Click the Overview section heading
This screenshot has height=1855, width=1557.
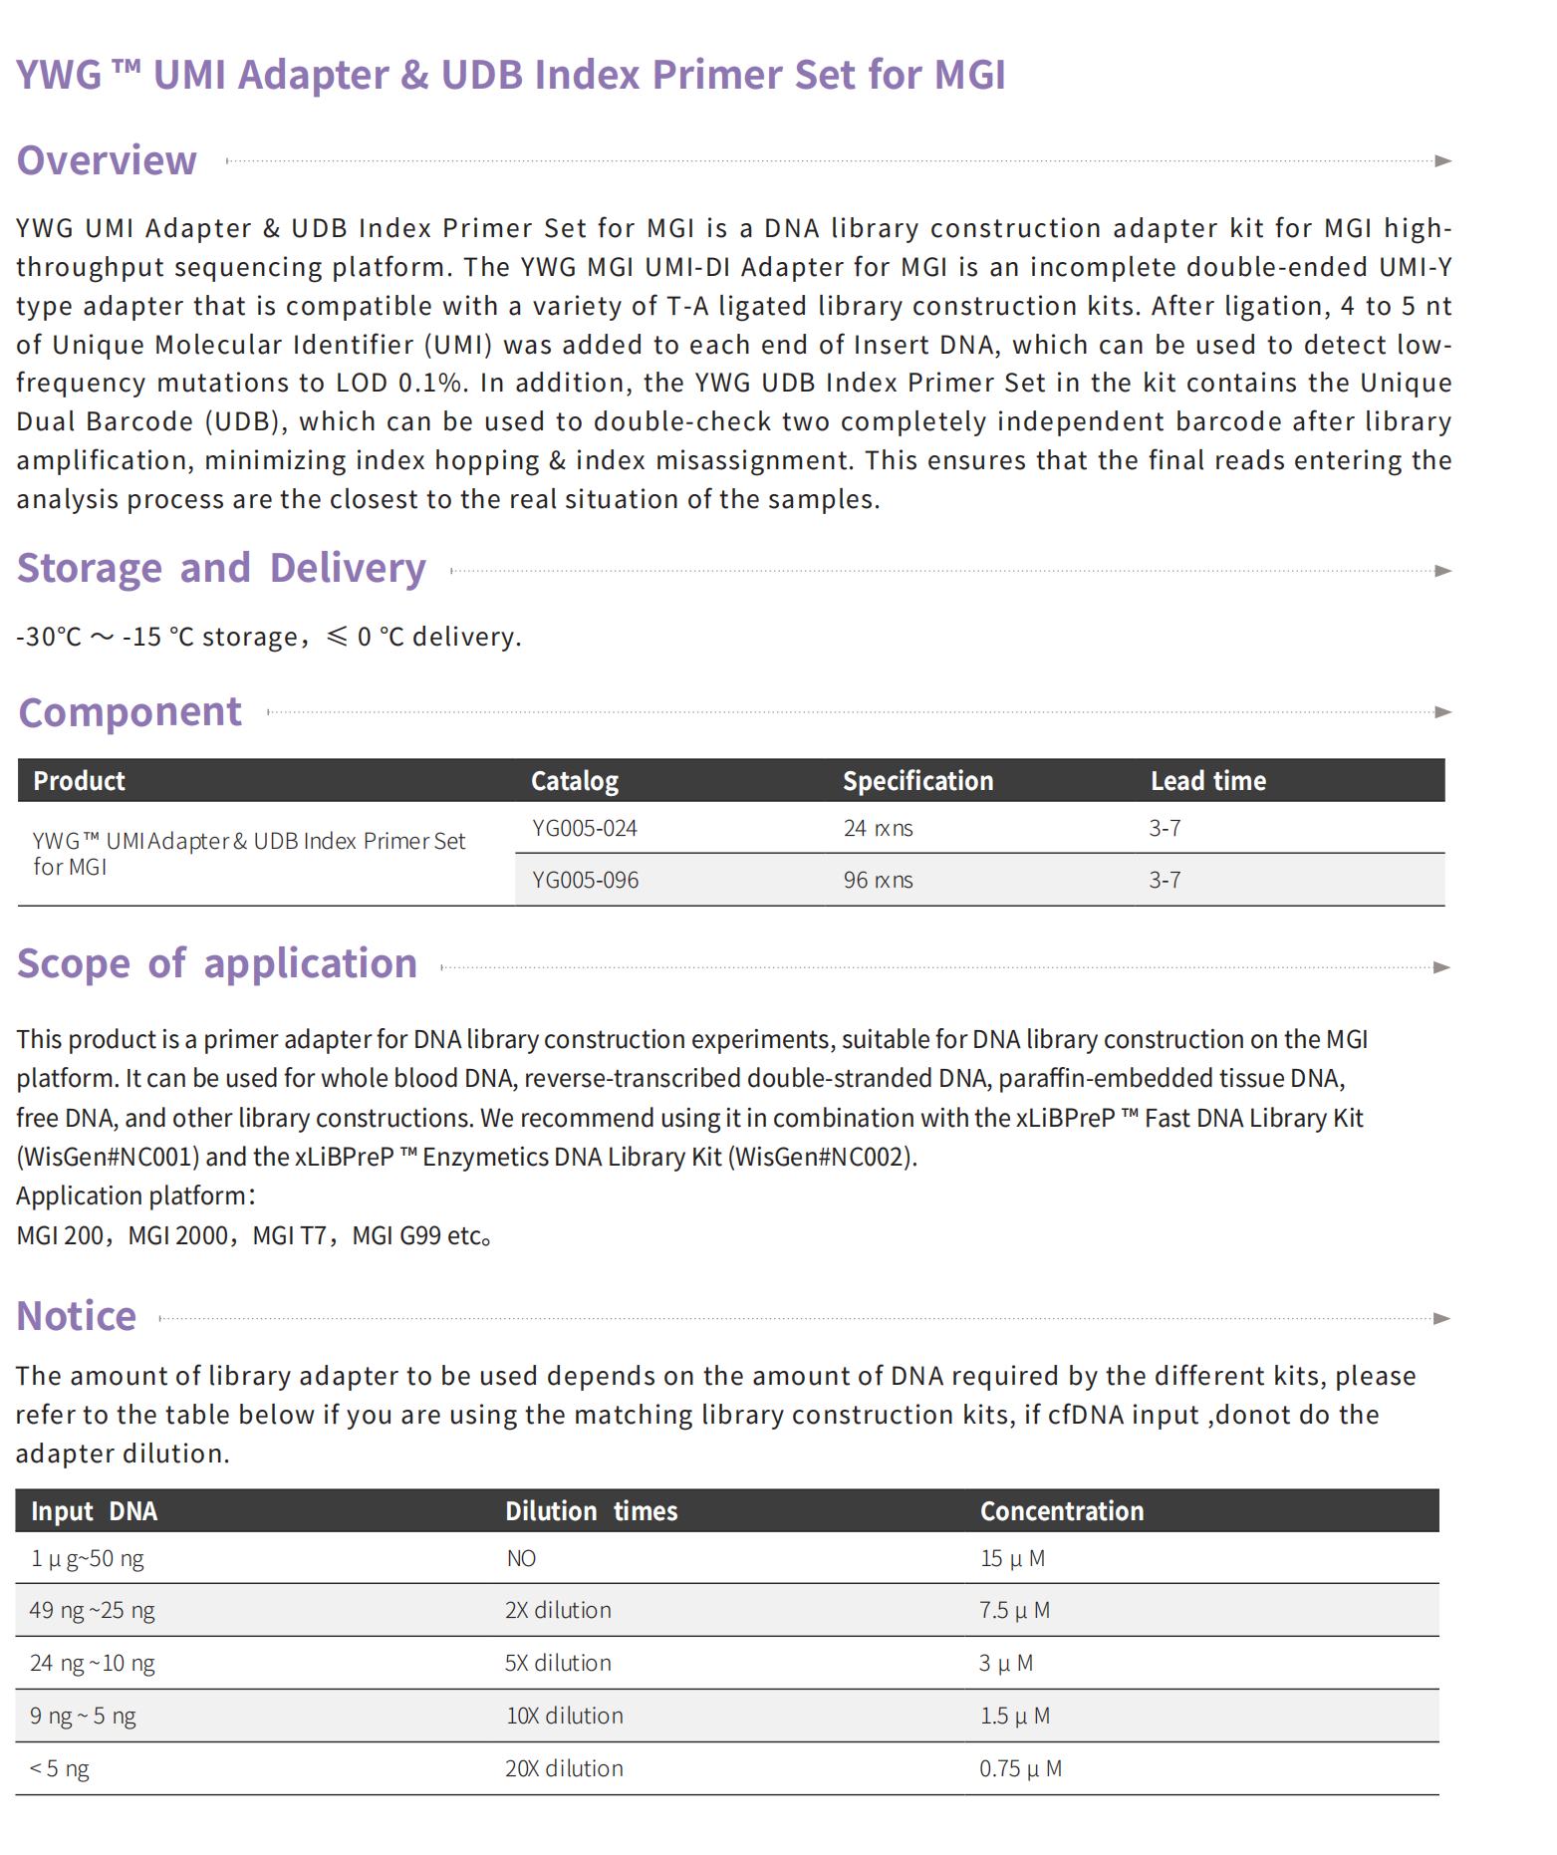pyautogui.click(x=107, y=161)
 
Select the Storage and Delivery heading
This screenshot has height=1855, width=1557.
pyautogui.click(x=221, y=568)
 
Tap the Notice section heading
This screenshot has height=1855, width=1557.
pyautogui.click(x=77, y=1316)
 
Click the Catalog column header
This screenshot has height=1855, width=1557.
pyautogui.click(x=575, y=781)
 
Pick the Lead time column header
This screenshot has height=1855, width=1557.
pyautogui.click(x=1207, y=781)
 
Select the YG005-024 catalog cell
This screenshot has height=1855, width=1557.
pyautogui.click(x=585, y=828)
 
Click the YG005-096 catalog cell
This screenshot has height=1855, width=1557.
pyautogui.click(x=585, y=880)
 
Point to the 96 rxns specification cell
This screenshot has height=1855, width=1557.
pyautogui.click(x=878, y=880)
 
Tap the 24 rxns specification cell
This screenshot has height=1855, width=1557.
pyautogui.click(x=878, y=828)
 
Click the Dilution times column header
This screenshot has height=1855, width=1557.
pyautogui.click(x=591, y=1511)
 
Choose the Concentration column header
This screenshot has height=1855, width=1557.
pyautogui.click(x=1061, y=1511)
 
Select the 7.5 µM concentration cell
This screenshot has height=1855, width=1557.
pyautogui.click(x=1014, y=1610)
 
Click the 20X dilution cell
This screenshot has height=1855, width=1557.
pyautogui.click(x=564, y=1768)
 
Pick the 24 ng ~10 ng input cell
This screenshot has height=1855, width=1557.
pyautogui.click(x=93, y=1663)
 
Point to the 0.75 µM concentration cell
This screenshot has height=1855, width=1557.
pyautogui.click(x=1020, y=1768)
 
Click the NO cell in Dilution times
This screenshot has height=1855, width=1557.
pyautogui.click(x=521, y=1558)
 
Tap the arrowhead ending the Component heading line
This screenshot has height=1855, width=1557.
pyautogui.click(x=1442, y=712)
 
